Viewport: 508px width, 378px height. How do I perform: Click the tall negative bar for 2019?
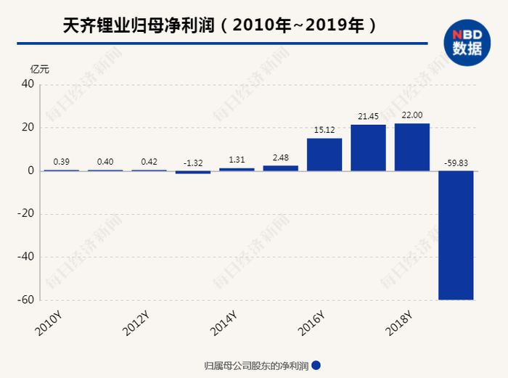(456, 235)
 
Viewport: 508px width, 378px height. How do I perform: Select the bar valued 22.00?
(411, 147)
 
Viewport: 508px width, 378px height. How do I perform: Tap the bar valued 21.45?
(368, 148)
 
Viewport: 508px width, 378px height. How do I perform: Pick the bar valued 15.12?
(324, 155)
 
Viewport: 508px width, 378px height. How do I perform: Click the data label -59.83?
(456, 163)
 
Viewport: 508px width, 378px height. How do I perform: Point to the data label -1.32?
(193, 163)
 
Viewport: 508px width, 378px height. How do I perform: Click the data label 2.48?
(280, 157)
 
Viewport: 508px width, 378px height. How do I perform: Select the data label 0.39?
(62, 161)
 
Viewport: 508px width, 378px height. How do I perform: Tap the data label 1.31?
(237, 160)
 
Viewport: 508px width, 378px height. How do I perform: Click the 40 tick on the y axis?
(28, 84)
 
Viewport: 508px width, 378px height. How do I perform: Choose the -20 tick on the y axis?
(26, 214)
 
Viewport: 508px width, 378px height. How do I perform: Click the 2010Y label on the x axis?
(49, 323)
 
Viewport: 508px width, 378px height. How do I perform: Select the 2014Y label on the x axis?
(223, 323)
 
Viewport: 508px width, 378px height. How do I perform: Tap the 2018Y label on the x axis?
(398, 323)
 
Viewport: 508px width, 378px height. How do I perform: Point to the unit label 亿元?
(40, 69)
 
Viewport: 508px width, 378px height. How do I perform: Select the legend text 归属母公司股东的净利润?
(256, 366)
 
